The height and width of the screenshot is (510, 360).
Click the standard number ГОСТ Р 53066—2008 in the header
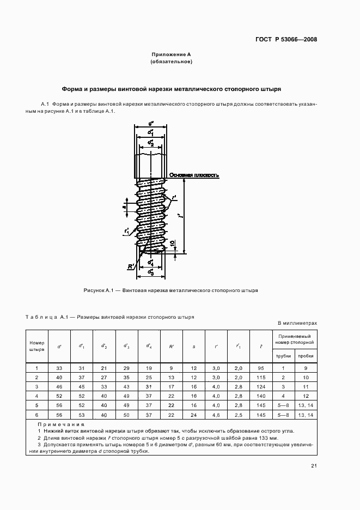click(x=286, y=39)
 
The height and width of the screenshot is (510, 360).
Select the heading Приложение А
click(x=170, y=55)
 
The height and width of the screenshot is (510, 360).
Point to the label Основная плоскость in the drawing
click(x=194, y=175)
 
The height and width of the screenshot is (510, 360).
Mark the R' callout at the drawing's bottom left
click(x=131, y=266)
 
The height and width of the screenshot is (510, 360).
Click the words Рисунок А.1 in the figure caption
click(x=97, y=290)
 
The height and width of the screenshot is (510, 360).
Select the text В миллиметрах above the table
click(x=297, y=323)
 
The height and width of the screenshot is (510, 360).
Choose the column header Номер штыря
click(x=37, y=346)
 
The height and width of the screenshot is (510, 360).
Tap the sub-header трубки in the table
click(x=283, y=356)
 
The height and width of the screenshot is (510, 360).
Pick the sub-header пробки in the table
click(x=305, y=356)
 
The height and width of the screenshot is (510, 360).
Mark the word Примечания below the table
click(x=61, y=423)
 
